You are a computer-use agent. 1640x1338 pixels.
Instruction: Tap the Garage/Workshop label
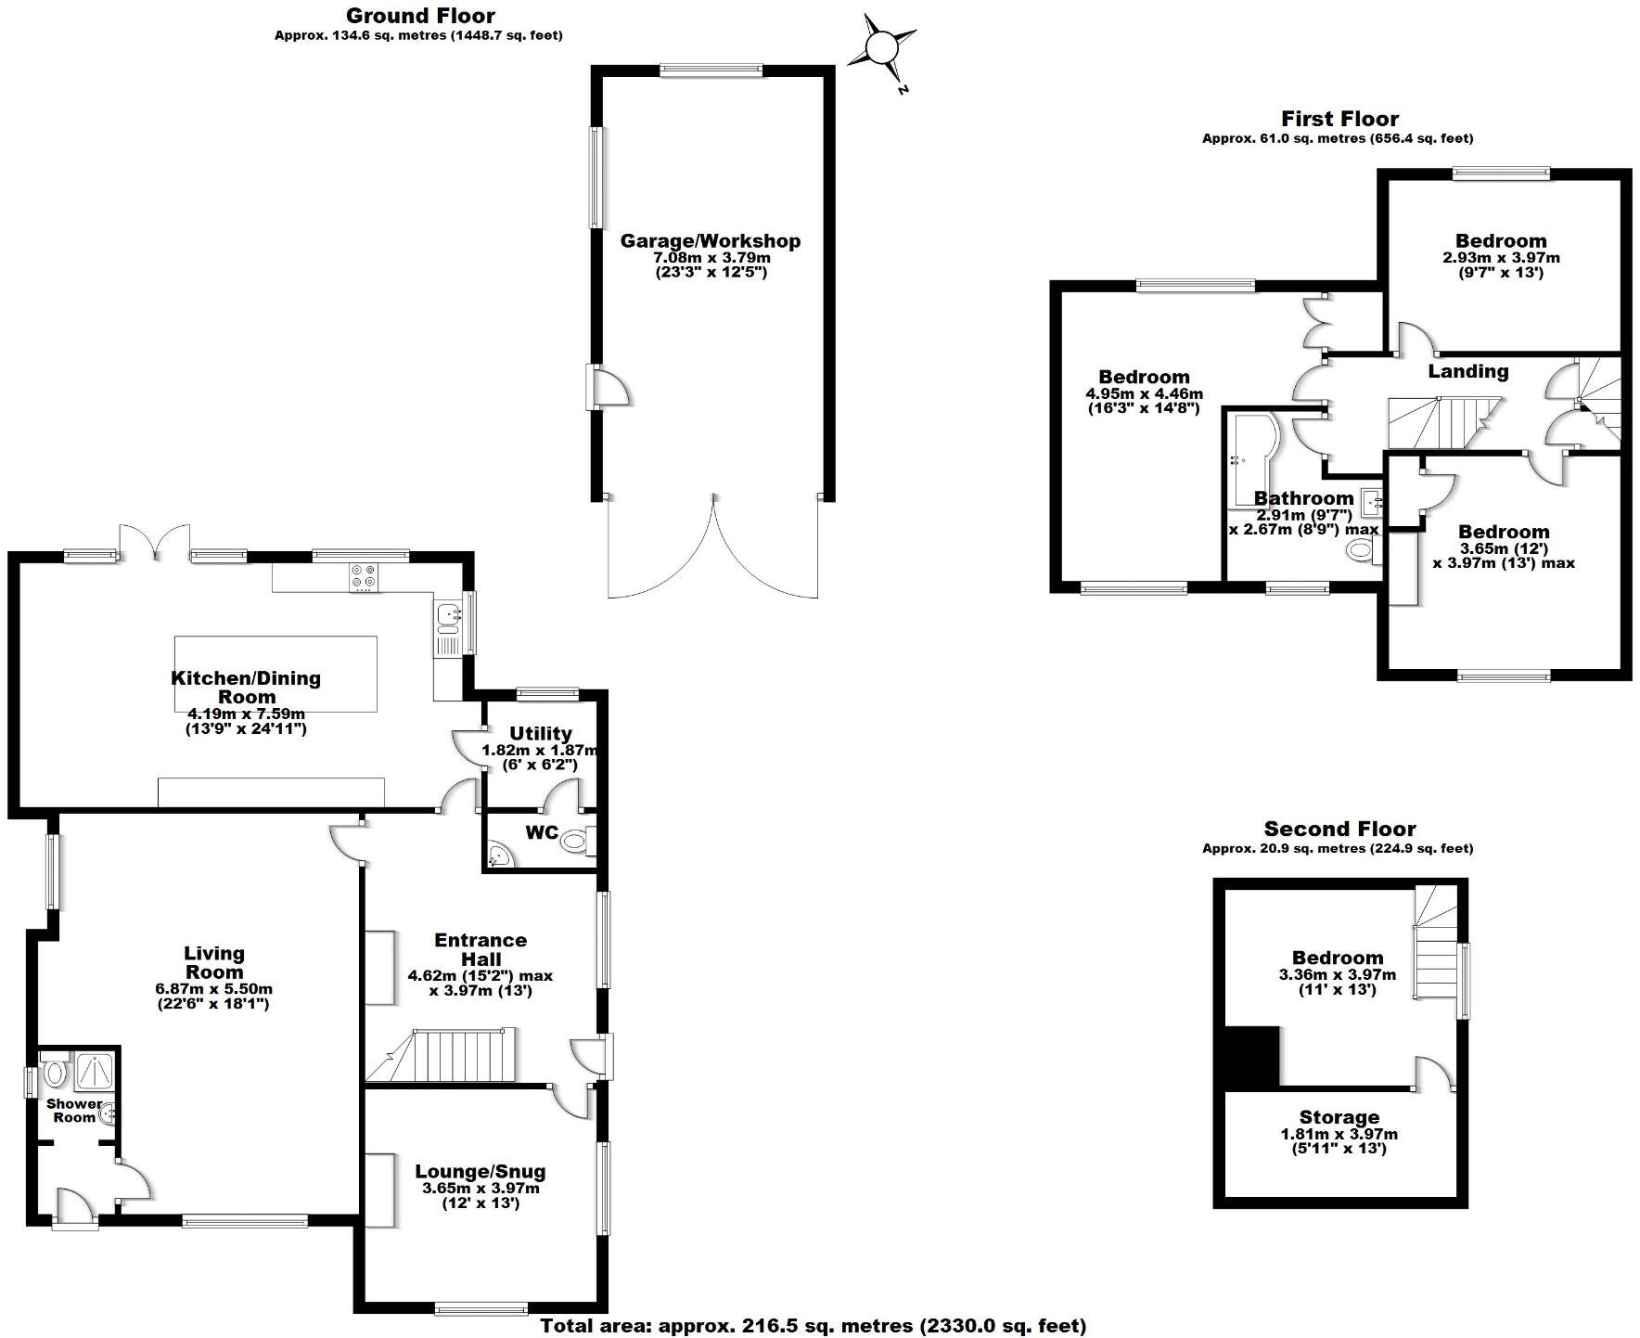pos(710,241)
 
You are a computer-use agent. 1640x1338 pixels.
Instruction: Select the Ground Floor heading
pos(420,15)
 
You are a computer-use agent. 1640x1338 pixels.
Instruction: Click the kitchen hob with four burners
pos(363,577)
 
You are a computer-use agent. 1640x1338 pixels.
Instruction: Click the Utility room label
pos(540,733)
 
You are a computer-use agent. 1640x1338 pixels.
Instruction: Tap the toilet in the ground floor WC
pos(575,842)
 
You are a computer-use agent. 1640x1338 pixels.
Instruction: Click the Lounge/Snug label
pos(480,1171)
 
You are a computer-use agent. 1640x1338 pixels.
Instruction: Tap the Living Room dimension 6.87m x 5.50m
pos(214,989)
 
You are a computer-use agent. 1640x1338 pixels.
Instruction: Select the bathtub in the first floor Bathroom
pos(1251,458)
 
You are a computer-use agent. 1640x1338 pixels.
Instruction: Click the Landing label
pos(1467,371)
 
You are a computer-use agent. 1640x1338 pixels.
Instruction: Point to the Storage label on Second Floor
pos(1339,1117)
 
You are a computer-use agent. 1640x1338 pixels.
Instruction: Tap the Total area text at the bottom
pos(813,1326)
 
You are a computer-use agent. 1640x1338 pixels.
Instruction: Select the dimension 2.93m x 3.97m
pos(1501,257)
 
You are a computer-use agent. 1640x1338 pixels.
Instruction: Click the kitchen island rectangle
pos(275,673)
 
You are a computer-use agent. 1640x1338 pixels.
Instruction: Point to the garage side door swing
pos(610,389)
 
